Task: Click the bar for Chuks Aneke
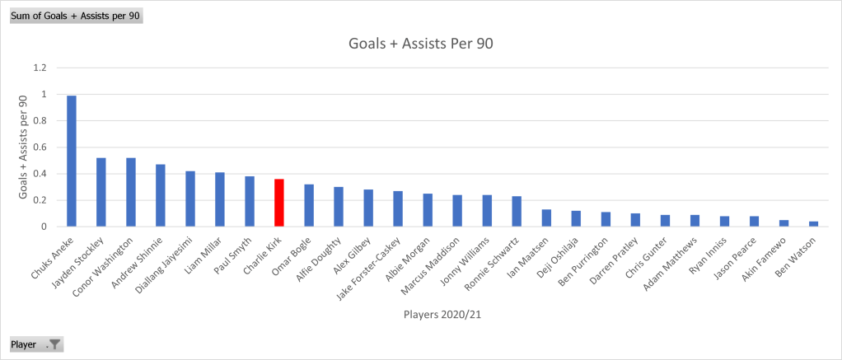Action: point(72,161)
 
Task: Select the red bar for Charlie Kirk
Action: point(279,203)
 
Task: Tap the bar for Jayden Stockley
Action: point(101,192)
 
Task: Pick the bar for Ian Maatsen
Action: point(546,218)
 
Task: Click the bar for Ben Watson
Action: point(813,223)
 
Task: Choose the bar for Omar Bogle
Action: point(309,205)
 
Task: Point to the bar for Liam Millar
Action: point(220,199)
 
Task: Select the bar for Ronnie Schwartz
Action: point(517,211)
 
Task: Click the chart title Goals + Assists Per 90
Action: point(421,44)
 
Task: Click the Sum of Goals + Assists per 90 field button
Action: point(76,16)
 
